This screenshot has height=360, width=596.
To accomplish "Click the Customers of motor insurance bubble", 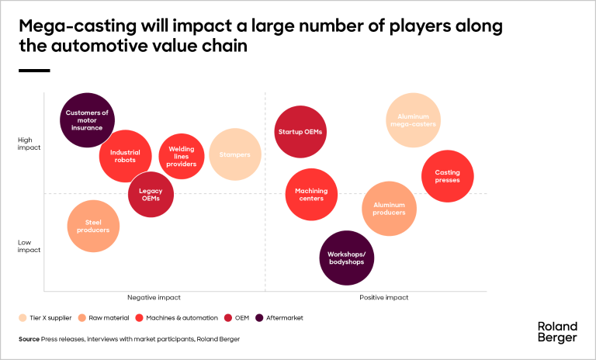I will click(87, 120).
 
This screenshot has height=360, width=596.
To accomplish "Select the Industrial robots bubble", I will click(125, 156).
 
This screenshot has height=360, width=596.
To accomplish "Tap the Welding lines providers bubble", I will click(182, 156).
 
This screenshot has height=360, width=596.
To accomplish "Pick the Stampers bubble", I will click(234, 154).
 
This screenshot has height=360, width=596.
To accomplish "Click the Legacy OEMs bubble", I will click(151, 194).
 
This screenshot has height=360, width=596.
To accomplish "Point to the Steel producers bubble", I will click(93, 226).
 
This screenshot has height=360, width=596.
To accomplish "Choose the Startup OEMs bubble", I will click(300, 132).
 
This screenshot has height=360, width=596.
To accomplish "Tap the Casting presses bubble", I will click(448, 176).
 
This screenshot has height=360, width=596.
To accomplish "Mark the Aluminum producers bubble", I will click(389, 209).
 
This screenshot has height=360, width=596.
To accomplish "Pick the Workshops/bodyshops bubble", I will click(346, 258).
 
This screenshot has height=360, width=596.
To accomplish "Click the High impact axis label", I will click(29, 144).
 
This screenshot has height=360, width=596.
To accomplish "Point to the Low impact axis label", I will click(29, 246).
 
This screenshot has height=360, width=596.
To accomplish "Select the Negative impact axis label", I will click(154, 297).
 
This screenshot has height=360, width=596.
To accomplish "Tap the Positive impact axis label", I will click(383, 297).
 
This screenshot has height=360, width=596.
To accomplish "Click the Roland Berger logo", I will click(556, 332).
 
